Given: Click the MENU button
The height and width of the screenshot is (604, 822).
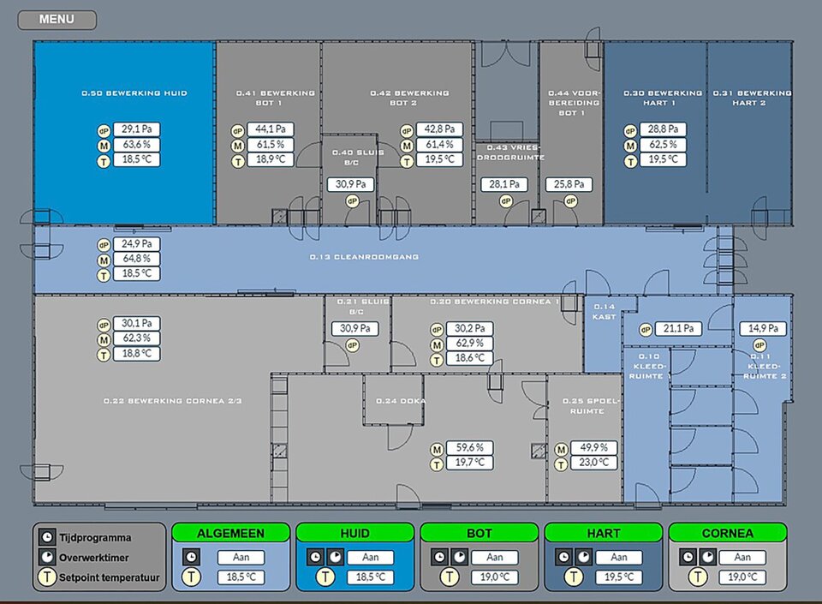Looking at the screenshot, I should click(57, 20).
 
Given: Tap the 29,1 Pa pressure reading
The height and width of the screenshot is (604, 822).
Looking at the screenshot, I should click(137, 129).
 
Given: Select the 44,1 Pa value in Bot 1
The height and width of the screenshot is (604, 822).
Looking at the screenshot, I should click(271, 129).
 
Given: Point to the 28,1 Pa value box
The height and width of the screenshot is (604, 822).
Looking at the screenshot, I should click(503, 184).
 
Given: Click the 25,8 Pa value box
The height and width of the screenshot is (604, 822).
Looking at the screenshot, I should click(569, 184).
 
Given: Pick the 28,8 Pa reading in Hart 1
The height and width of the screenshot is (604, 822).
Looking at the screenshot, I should click(663, 129).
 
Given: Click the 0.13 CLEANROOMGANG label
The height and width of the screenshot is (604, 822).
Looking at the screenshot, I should click(365, 256).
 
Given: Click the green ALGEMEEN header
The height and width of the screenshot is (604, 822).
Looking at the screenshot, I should click(230, 533).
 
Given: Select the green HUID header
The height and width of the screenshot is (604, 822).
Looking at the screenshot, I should click(354, 533).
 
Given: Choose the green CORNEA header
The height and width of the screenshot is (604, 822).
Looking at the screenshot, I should click(727, 533).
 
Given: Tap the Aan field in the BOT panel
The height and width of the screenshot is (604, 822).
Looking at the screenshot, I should click(494, 558).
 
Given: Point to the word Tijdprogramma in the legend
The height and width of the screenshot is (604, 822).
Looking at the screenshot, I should click(95, 538).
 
